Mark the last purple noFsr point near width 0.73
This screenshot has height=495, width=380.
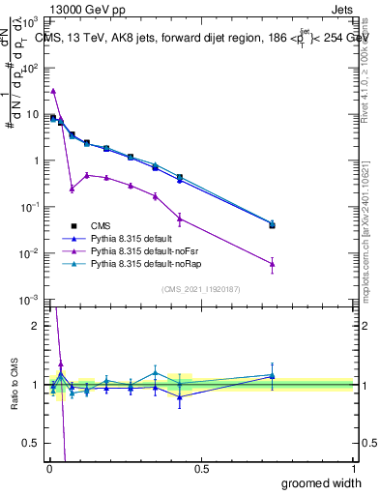273,263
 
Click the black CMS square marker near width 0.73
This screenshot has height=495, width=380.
273,225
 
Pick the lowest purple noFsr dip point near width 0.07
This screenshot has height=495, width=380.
72,189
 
